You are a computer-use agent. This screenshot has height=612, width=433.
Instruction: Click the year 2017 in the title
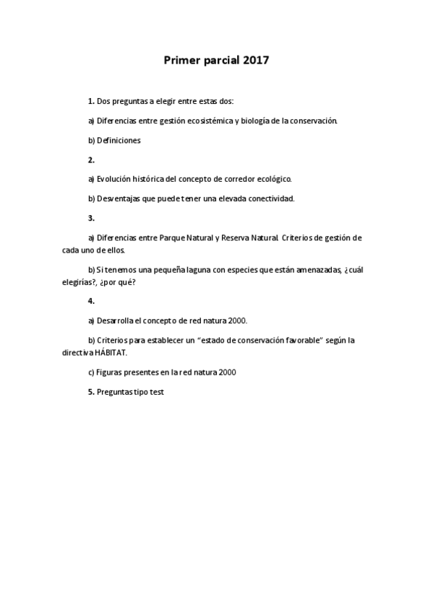(x=256, y=61)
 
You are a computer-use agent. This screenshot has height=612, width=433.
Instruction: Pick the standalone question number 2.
(x=91, y=160)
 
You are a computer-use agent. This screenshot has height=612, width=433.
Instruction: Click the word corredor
(x=240, y=178)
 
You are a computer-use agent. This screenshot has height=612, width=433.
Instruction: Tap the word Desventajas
(x=120, y=198)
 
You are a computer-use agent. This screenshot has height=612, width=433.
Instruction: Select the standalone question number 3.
(x=91, y=217)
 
